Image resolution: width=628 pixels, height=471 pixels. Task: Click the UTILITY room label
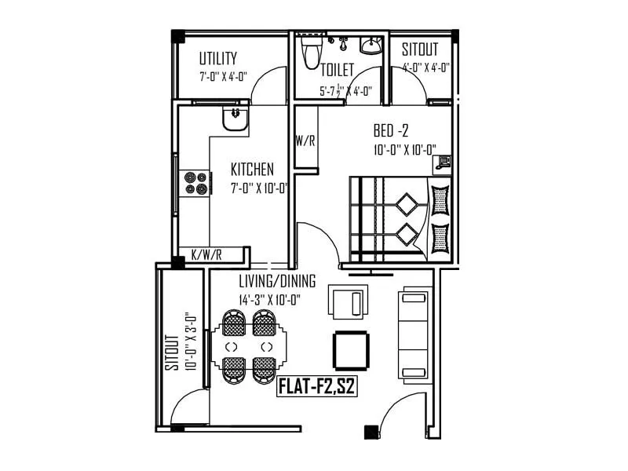217,59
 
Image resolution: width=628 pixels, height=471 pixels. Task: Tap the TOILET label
337,70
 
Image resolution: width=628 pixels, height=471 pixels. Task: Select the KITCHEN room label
252,170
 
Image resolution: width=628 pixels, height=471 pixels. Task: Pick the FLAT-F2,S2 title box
317,387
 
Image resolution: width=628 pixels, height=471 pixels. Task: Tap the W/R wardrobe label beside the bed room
305,141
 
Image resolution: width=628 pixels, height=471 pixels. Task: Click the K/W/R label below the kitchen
207,255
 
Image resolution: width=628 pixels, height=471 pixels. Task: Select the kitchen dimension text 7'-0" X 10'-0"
260,188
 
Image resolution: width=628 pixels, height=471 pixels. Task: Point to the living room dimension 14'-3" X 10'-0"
271,300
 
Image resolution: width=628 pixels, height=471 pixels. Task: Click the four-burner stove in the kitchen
195,183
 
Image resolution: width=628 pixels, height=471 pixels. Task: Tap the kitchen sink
235,119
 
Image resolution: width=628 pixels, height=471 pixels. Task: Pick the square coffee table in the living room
351,350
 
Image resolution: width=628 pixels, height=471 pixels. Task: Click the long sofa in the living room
414,334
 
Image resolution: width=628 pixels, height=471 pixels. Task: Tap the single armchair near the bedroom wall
347,301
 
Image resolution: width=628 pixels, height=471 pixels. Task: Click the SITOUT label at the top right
420,50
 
